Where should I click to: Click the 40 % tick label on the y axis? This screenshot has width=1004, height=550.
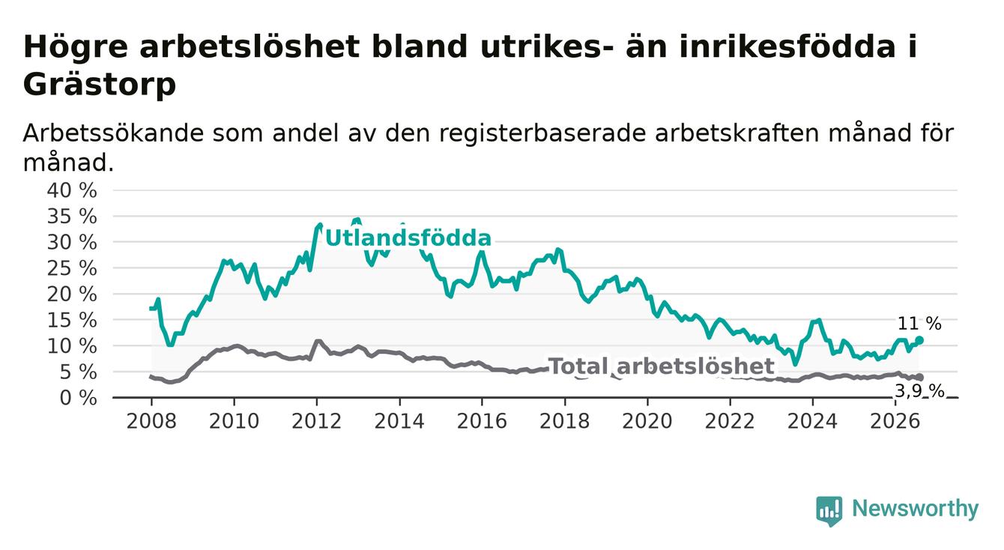72,190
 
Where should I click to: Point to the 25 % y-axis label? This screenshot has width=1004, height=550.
72,268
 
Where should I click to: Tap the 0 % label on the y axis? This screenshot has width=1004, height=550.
78,398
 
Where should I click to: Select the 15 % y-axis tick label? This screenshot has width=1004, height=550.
72,321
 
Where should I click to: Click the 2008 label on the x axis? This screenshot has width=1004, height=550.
151,422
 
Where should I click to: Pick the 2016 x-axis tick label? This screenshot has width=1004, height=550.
482,422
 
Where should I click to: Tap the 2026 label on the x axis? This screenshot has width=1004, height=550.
895,422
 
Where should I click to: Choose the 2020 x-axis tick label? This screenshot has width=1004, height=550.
647,422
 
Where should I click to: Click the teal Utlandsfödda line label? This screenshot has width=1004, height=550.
408,238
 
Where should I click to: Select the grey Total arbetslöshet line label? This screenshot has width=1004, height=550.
661,366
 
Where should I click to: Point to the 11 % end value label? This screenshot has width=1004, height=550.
919,324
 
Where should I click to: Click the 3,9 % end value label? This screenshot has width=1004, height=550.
920,391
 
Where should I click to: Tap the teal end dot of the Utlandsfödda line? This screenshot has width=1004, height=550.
920,340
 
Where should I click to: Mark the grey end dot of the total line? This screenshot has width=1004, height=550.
920,378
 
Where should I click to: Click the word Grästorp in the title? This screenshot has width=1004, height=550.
100,85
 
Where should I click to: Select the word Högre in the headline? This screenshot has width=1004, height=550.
76,47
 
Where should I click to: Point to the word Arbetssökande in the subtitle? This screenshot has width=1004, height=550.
113,133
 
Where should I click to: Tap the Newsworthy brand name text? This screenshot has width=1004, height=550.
916,509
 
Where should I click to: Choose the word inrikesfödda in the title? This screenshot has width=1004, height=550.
787,46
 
